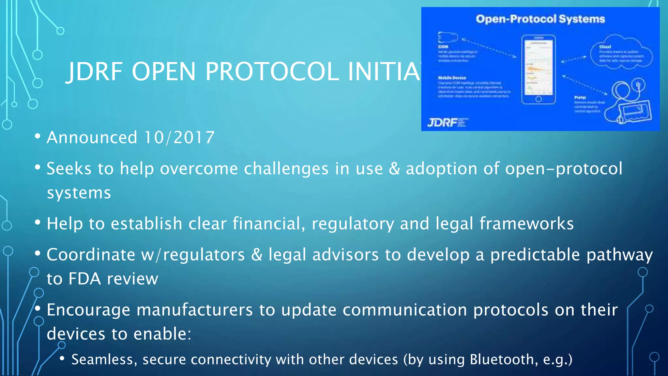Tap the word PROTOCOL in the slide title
[272, 71]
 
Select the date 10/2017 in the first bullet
[179, 137]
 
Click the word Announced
[92, 137]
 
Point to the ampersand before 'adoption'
[394, 169]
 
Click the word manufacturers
[194, 310]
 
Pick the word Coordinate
[91, 255]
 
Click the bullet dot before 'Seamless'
[62, 359]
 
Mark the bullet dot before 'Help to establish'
[38, 223]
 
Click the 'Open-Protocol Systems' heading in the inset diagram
[540, 19]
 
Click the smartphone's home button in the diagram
[539, 99]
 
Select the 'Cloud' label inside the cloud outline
[605, 47]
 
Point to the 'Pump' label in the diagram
[580, 97]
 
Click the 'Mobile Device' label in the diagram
[452, 78]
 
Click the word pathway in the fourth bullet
[619, 255]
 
